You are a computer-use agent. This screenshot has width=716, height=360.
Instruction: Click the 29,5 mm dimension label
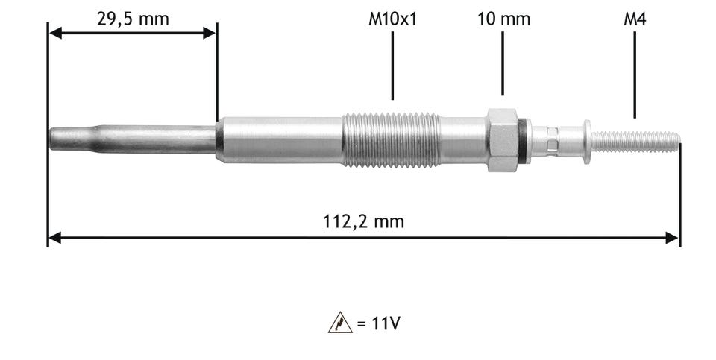133,19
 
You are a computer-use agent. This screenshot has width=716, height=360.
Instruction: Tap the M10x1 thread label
393,19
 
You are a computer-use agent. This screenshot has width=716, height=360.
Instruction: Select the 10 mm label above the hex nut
503,19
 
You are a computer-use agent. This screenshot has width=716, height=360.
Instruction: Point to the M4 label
635,19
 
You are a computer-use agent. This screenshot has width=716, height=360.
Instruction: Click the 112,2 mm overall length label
363,222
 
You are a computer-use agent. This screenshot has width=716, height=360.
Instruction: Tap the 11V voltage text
386,323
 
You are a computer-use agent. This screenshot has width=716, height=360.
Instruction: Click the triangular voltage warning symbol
340,323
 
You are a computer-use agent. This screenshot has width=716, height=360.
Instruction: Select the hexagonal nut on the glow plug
503,140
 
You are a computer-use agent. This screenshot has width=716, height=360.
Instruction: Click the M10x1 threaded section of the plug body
392,139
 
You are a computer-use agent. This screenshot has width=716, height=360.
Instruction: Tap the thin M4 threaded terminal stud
635,142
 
